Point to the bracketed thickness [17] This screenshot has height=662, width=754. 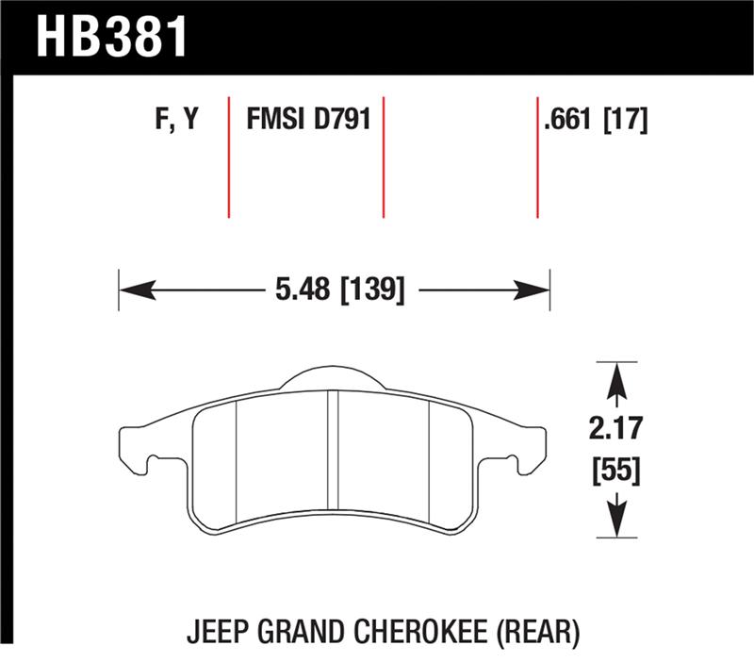624,121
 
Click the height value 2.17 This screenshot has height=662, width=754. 617,430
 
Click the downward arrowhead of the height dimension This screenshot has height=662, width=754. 616,521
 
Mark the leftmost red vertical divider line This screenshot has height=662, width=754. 229,156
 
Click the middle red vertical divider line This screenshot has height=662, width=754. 383,156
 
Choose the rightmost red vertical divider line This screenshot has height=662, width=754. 537,156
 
